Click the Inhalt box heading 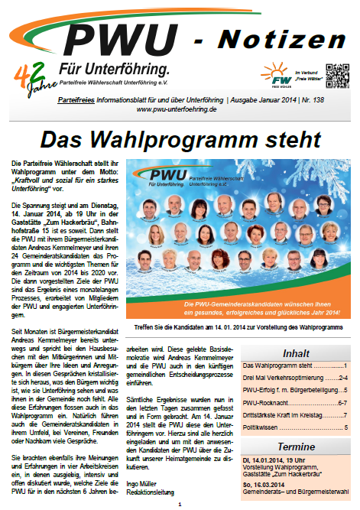coord(296,354)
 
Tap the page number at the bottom coord(180,505)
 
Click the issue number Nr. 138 coord(333,99)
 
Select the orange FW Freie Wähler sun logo coord(277,75)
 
